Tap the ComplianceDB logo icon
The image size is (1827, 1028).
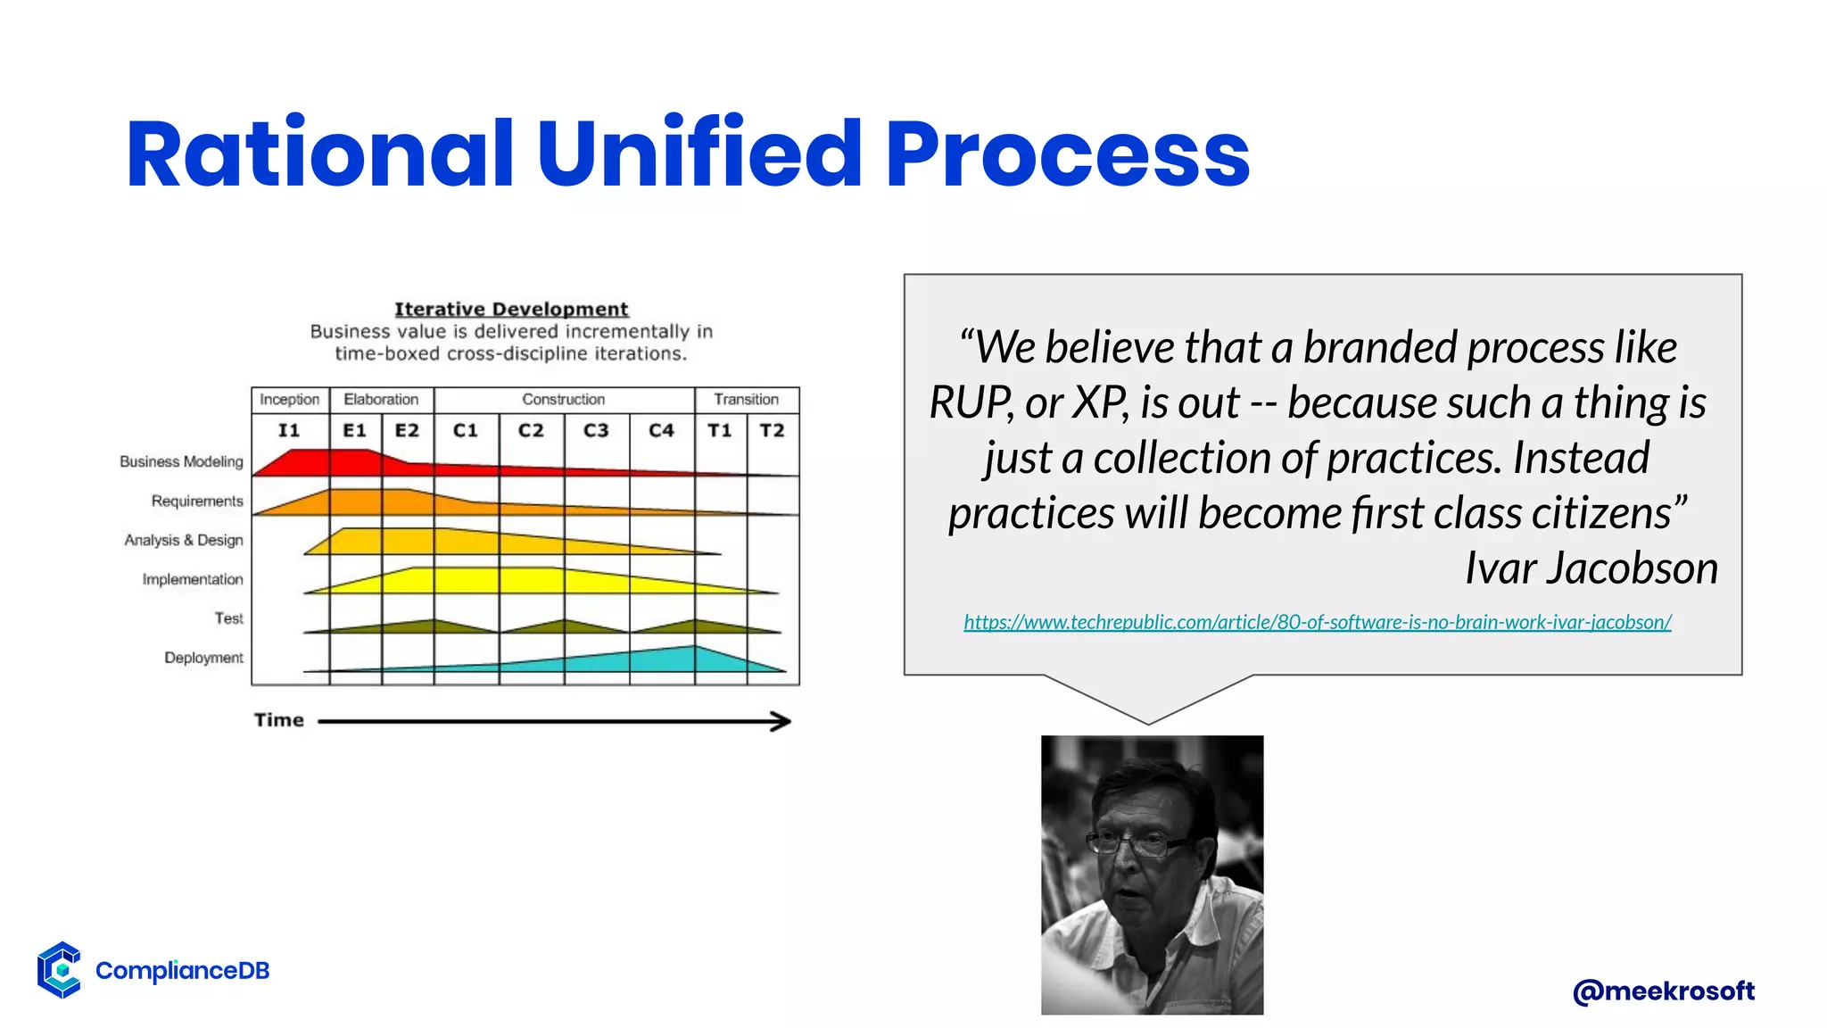[x=59, y=969]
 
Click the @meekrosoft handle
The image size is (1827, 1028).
[x=1663, y=991]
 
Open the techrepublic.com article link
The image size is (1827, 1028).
[x=1317, y=622]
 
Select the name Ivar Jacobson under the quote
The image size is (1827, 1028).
[x=1591, y=568]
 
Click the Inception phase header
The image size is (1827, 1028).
[x=289, y=399]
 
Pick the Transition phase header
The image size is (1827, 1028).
[x=746, y=399]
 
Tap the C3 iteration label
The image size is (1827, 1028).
[x=596, y=430]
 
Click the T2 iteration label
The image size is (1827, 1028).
[x=772, y=430]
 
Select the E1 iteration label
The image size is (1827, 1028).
[x=354, y=430]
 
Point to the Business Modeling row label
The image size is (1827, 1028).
[x=181, y=461]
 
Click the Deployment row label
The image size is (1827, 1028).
[x=203, y=658]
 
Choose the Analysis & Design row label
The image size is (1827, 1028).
[x=184, y=540]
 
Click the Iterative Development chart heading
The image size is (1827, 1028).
[x=511, y=309]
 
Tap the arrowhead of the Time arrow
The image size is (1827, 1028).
[x=781, y=721]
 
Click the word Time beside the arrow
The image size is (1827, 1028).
[x=278, y=720]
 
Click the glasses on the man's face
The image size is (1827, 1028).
[x=1137, y=842]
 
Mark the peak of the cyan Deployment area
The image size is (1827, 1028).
[x=694, y=648]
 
